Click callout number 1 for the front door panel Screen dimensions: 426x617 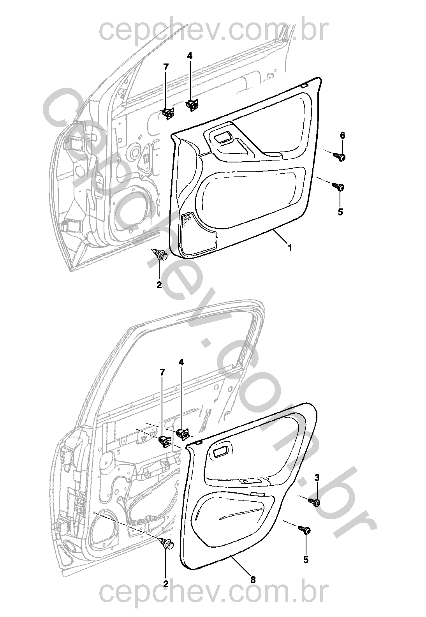(x=289, y=248)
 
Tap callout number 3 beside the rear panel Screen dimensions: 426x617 (x=317, y=478)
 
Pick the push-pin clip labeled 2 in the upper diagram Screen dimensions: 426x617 (x=160, y=254)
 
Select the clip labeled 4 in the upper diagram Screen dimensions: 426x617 (x=192, y=105)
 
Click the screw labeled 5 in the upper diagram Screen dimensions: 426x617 (x=338, y=187)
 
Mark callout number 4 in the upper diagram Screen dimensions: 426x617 (x=190, y=56)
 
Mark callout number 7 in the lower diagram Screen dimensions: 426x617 (x=162, y=372)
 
